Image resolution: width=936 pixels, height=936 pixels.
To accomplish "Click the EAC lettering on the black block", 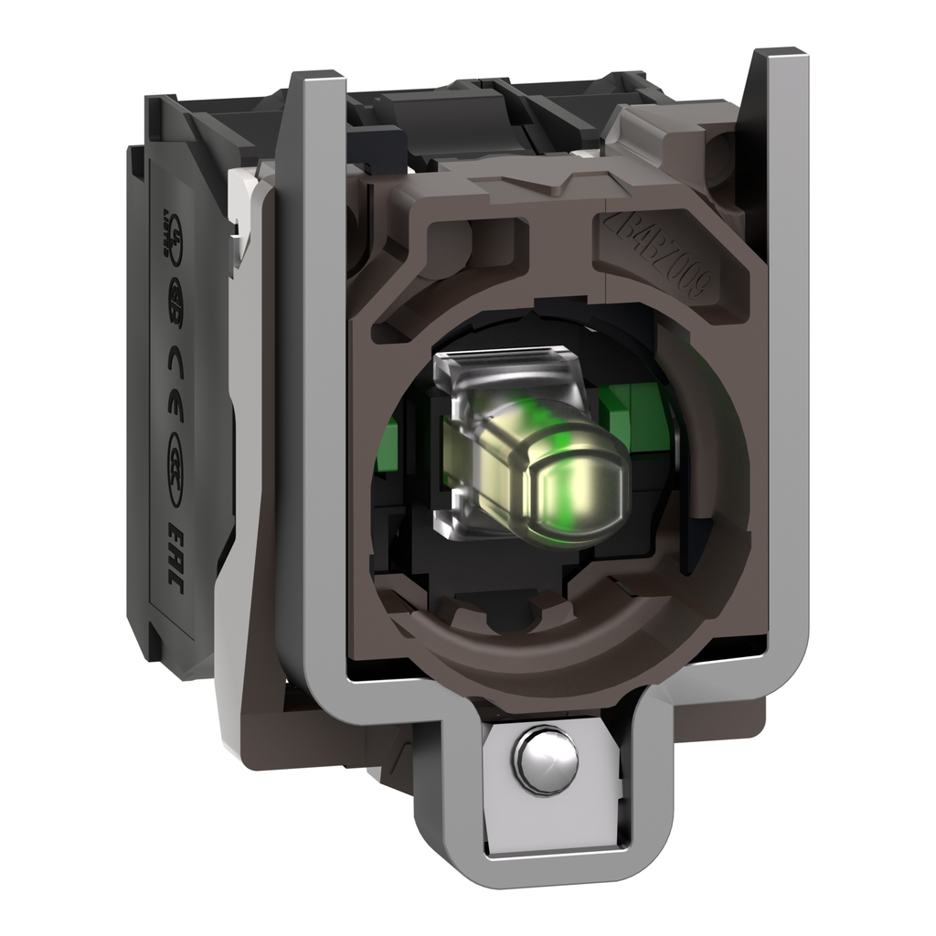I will click(171, 558).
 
